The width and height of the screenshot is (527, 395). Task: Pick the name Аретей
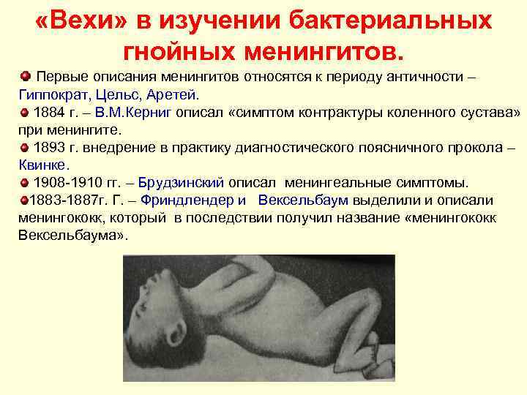pos(176,94)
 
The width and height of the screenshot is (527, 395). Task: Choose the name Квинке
pos(41,165)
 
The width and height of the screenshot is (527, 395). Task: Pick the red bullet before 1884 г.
pos(25,112)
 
